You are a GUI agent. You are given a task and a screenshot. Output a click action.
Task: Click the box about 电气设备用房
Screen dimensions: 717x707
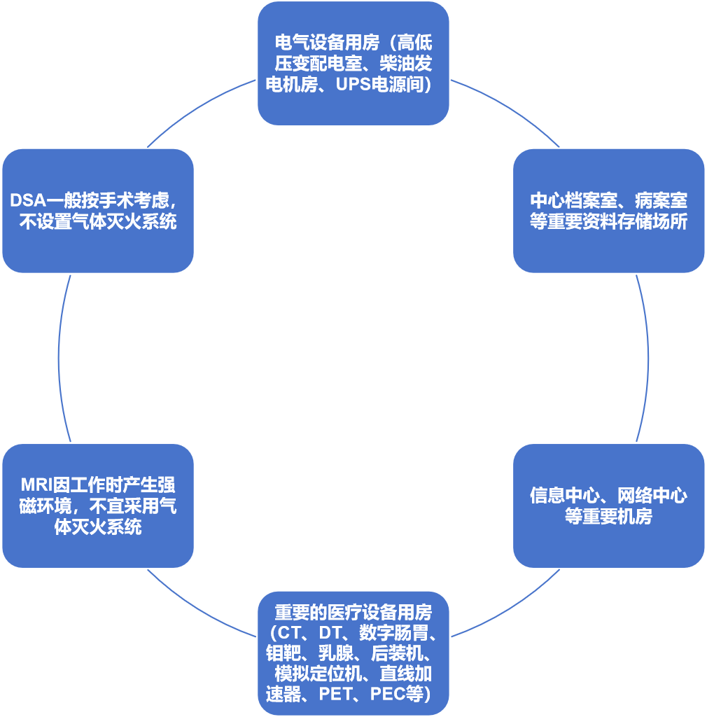(353, 63)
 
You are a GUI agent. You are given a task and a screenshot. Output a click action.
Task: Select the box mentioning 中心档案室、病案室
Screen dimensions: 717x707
(608, 210)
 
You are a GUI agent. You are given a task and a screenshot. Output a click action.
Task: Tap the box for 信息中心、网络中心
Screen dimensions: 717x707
(608, 505)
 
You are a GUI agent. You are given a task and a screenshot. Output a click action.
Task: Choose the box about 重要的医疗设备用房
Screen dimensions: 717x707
(353, 653)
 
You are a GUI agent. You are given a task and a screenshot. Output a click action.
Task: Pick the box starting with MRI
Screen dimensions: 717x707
(98, 505)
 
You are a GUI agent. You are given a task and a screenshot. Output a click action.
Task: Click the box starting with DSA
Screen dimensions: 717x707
(98, 210)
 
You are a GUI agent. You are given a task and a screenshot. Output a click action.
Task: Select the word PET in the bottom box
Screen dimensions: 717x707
(336, 695)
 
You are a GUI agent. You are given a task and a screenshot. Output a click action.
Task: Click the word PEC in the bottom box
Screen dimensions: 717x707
(387, 695)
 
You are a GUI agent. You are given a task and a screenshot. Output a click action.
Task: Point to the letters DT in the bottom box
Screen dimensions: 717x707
(332, 633)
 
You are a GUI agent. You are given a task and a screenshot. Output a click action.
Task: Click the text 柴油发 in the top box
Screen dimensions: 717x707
(406, 64)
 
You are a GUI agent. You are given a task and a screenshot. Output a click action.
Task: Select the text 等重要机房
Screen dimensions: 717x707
(608, 517)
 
